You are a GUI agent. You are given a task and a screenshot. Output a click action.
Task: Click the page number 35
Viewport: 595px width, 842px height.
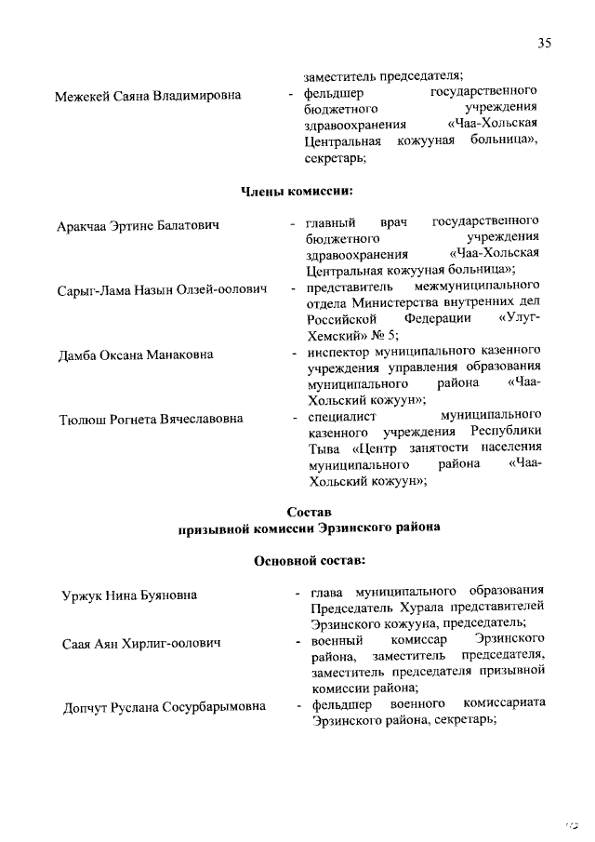pyautogui.click(x=545, y=42)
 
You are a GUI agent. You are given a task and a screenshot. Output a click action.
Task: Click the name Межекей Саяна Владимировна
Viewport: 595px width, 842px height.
pyautogui.click(x=148, y=95)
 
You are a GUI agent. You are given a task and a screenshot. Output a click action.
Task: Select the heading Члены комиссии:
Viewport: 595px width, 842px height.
pyautogui.click(x=297, y=192)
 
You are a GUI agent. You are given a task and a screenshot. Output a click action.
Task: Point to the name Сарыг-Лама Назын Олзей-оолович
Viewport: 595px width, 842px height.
pyautogui.click(x=162, y=290)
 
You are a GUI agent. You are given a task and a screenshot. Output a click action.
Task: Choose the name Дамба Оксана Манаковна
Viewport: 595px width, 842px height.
pyautogui.click(x=133, y=354)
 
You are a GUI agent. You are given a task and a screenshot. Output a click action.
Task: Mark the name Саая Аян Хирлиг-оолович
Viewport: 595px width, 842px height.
pyautogui.click(x=140, y=643)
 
